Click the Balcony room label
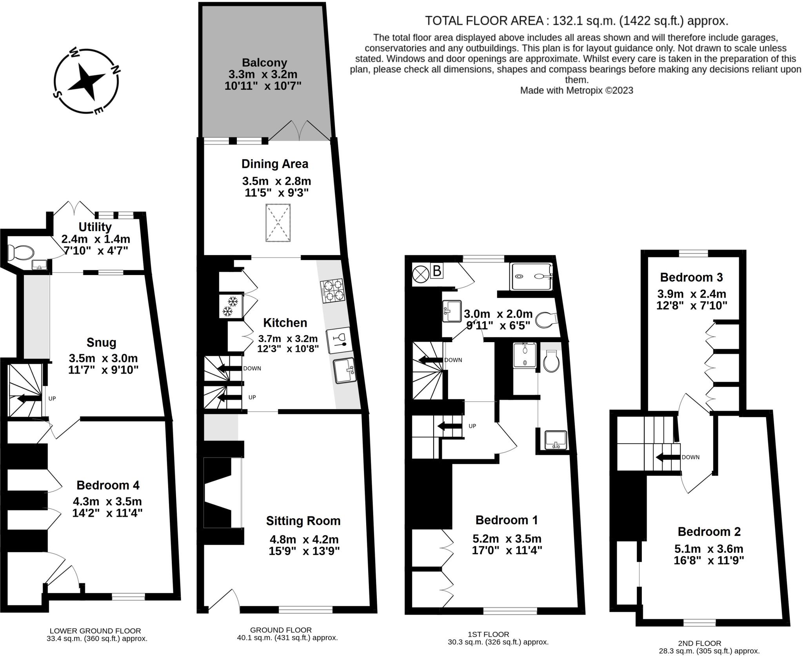click(x=264, y=63)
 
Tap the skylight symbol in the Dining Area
click(x=278, y=222)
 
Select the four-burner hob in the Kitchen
click(x=332, y=291)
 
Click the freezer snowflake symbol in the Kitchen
click(x=231, y=306)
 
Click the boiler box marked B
click(x=436, y=271)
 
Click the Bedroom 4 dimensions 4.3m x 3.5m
click(x=107, y=501)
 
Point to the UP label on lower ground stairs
click(x=52, y=398)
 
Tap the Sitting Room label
click(x=303, y=521)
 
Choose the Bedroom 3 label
click(x=691, y=277)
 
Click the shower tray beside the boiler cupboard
click(x=531, y=276)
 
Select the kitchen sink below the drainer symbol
click(x=345, y=370)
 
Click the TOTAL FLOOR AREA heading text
click(x=576, y=20)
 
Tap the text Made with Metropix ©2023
click(x=576, y=90)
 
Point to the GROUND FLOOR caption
click(x=281, y=630)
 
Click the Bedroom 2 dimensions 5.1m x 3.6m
click(x=709, y=548)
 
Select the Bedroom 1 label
click(x=506, y=520)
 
